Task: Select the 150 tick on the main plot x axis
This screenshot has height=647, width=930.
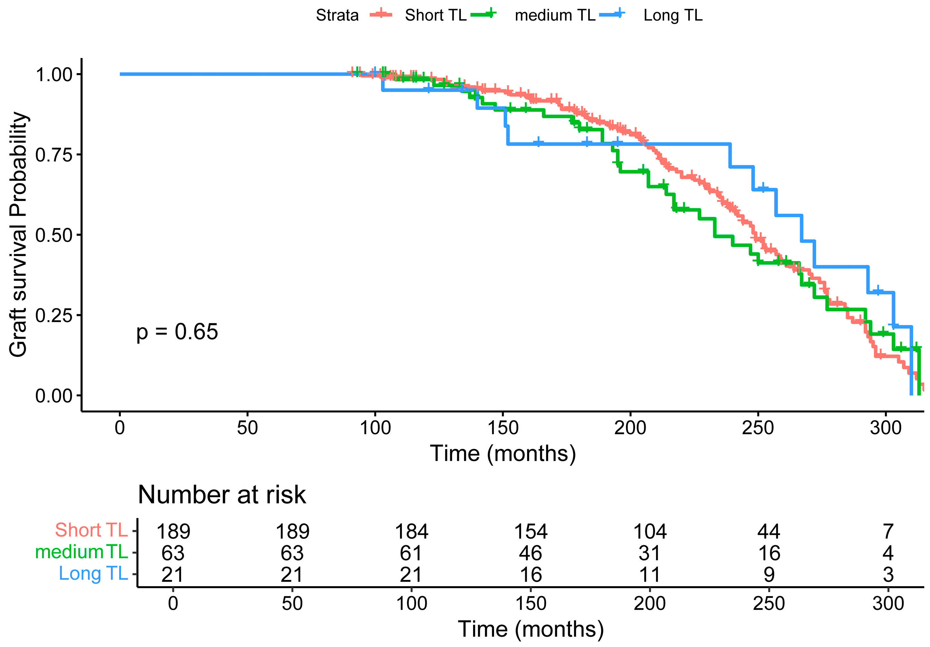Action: [503, 428]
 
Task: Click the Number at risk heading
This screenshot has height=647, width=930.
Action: [222, 495]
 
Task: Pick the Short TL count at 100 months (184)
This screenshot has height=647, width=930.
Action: [412, 531]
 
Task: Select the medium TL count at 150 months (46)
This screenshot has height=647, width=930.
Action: [531, 553]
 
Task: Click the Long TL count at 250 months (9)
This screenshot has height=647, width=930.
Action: [769, 575]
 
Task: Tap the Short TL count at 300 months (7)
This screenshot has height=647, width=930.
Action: [888, 531]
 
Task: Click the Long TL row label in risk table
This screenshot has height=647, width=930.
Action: [93, 573]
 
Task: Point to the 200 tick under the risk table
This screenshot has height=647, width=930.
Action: [650, 604]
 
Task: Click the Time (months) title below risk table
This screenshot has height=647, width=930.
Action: [531, 629]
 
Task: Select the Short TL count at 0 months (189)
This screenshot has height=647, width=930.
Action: [173, 531]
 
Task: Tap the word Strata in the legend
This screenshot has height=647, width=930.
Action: [337, 15]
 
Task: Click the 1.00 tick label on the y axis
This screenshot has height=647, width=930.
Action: [54, 74]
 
